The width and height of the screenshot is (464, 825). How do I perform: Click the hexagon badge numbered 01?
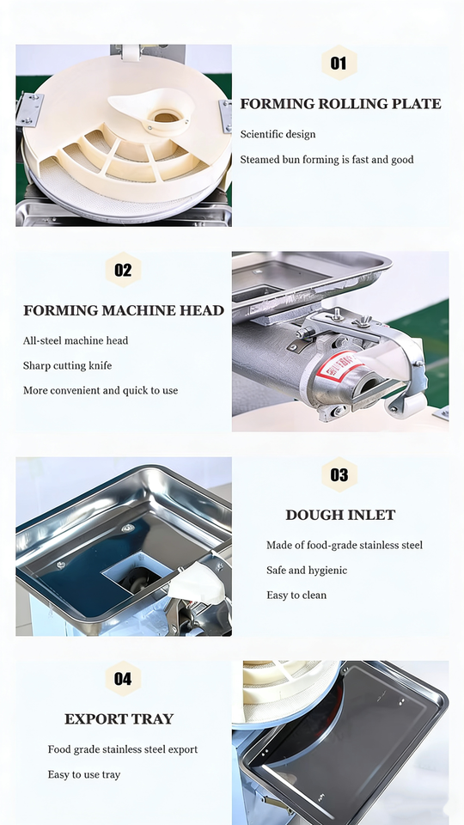[x=339, y=63]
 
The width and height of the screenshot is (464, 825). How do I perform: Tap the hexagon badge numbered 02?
[x=123, y=269]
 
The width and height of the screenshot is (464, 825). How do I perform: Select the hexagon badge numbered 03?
[x=339, y=474]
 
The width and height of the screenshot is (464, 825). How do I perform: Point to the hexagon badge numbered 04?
[x=123, y=678]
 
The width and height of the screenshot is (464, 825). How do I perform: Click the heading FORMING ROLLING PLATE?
[x=341, y=104]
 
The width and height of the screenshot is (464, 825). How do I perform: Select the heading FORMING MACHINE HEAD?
[x=124, y=310]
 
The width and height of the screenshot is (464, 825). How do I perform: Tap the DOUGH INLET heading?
[x=340, y=515]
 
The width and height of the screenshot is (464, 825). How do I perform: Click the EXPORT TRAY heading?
[x=119, y=719]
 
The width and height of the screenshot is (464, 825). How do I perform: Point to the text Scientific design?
[x=278, y=134]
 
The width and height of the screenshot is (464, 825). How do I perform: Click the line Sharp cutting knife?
[x=67, y=366]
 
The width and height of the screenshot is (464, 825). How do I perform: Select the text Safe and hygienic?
[x=307, y=571]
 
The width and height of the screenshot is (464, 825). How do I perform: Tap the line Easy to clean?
[x=296, y=595]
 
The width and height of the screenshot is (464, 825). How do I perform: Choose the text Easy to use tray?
[x=84, y=774]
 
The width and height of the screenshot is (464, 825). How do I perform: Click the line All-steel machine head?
[x=76, y=340]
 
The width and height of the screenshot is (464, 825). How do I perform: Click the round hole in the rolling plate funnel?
[x=166, y=117]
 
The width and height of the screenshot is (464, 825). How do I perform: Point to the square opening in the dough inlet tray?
[x=137, y=576]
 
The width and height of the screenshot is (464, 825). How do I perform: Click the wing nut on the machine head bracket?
[x=362, y=321]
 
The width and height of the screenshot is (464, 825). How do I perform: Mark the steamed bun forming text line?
[x=327, y=160]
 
